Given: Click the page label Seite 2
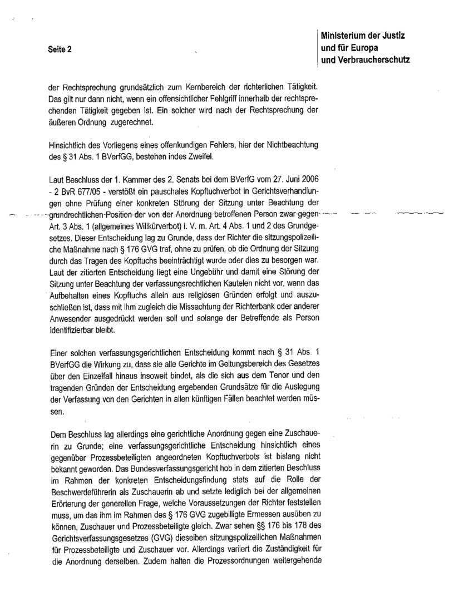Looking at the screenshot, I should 60,49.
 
